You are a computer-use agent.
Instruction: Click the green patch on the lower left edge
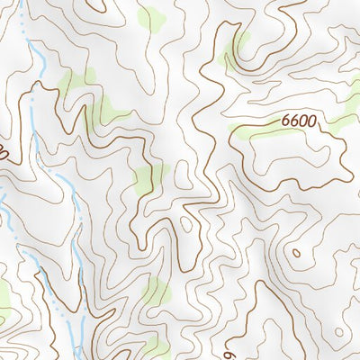click(4, 292)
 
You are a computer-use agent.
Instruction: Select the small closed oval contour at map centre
click(186, 222)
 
